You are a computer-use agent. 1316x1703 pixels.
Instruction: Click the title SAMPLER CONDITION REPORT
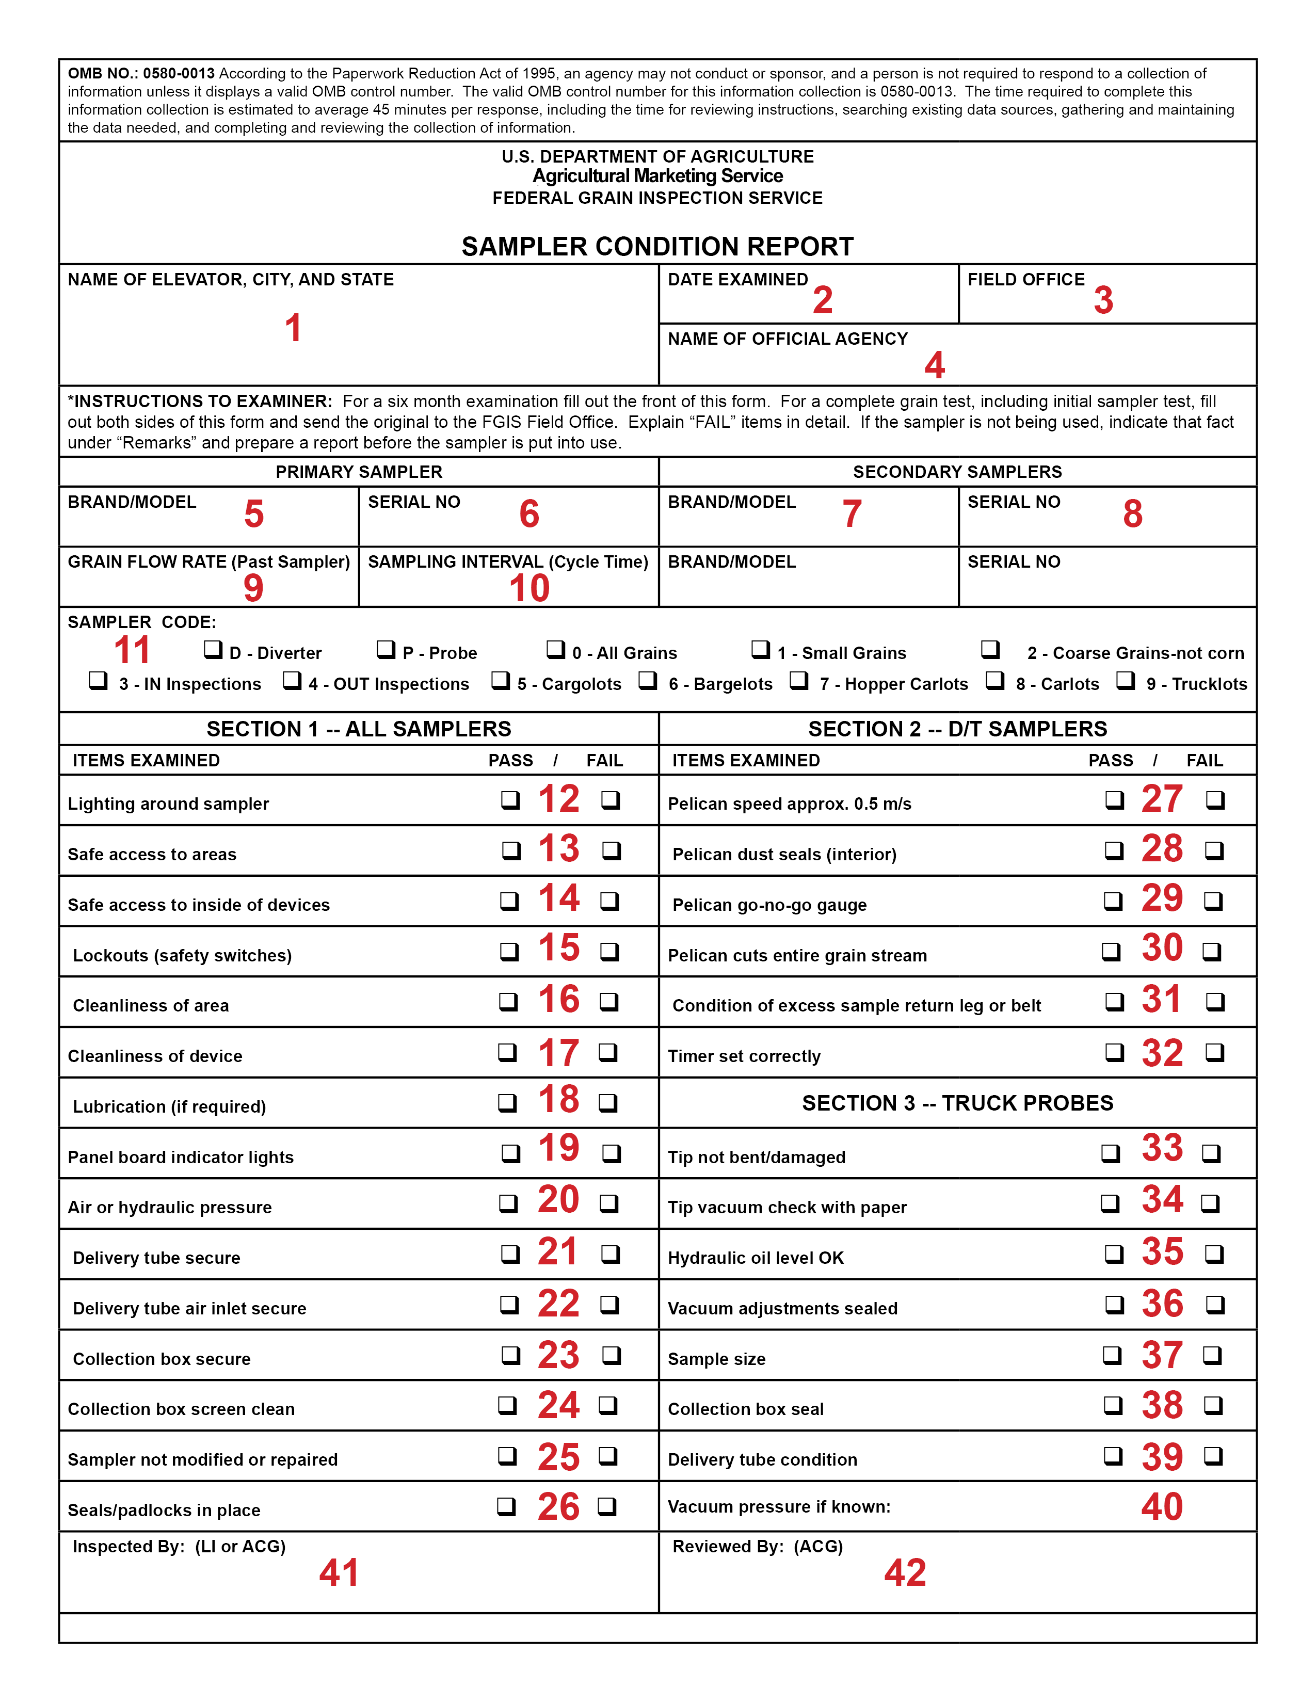point(657,246)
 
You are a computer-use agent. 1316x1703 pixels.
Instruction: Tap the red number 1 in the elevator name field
point(293,328)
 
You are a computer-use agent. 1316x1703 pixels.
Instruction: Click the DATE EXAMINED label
point(737,279)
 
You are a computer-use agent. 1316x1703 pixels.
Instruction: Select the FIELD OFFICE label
point(1026,279)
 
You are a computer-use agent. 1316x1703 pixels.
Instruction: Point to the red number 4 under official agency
point(935,365)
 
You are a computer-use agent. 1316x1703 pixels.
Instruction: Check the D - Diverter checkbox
point(213,649)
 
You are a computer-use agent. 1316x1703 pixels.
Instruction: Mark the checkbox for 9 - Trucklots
point(1126,680)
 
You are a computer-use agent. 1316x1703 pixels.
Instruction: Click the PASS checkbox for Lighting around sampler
point(510,800)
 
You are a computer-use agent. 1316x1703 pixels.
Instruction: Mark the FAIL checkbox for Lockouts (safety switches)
point(609,951)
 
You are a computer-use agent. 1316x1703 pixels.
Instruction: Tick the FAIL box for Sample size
point(1212,1355)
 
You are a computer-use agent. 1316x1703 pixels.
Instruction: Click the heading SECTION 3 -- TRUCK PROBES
point(957,1103)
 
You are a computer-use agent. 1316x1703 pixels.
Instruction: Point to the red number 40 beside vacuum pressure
point(1162,1506)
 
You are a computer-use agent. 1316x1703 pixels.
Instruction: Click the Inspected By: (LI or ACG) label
point(179,1546)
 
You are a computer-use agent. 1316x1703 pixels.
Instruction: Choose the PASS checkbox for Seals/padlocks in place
point(507,1506)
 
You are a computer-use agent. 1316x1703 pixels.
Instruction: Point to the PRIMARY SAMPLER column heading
point(359,472)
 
